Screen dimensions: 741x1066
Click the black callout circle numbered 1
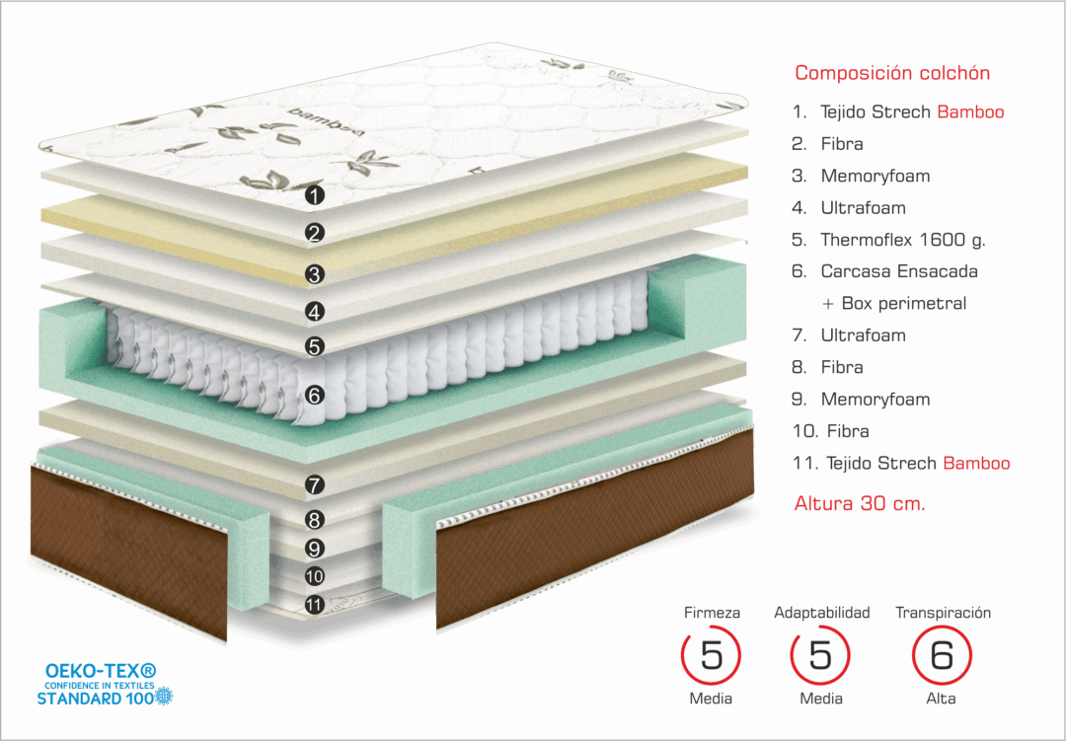coord(315,195)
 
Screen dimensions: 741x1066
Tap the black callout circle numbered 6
coord(315,395)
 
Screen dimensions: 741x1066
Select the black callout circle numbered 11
coord(315,605)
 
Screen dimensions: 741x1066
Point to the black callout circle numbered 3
coord(315,274)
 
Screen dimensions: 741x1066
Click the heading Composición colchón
coord(892,73)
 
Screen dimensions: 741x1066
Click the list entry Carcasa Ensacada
coord(898,271)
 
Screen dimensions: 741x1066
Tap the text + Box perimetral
coord(894,303)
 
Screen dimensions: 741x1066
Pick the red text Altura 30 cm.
coord(860,503)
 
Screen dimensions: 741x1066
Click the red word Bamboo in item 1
coord(970,111)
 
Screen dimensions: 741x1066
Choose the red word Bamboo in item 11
coord(976,463)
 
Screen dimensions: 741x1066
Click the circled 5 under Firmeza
coord(712,656)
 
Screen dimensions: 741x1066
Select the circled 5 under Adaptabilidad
coord(821,656)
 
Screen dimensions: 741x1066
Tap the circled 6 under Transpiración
coord(942,656)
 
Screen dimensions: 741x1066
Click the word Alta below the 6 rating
coord(941,699)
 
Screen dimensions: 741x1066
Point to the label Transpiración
coord(943,613)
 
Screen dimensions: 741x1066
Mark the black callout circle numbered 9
coord(315,549)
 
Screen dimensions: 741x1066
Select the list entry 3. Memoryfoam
coord(875,176)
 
